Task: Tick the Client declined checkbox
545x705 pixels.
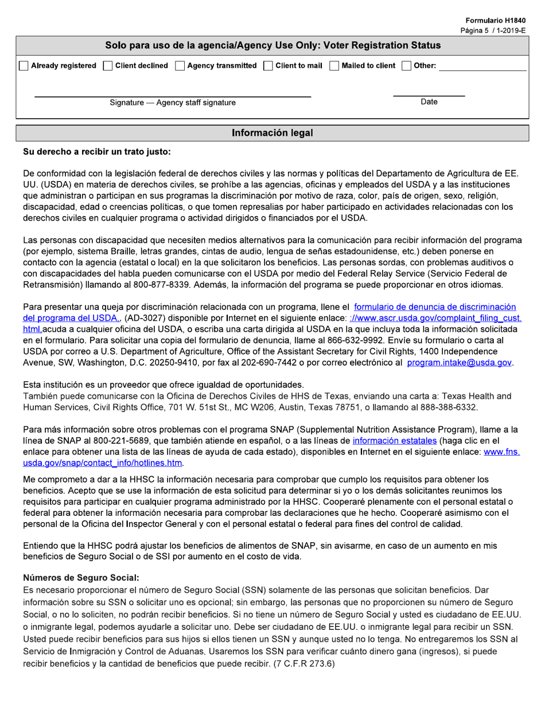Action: pyautogui.click(x=107, y=66)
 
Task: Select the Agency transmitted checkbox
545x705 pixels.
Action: pyautogui.click(x=180, y=66)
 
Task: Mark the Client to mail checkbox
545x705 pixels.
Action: pyautogui.click(x=268, y=66)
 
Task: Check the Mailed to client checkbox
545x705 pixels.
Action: pyautogui.click(x=334, y=66)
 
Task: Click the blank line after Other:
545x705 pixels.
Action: pyautogui.click(x=482, y=67)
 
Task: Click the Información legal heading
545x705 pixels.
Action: pyautogui.click(x=272, y=133)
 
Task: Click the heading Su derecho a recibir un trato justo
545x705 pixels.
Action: pyautogui.click(x=96, y=152)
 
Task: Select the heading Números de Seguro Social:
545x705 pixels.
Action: pyautogui.click(x=81, y=578)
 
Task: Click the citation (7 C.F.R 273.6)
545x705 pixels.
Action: pyautogui.click(x=302, y=664)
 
